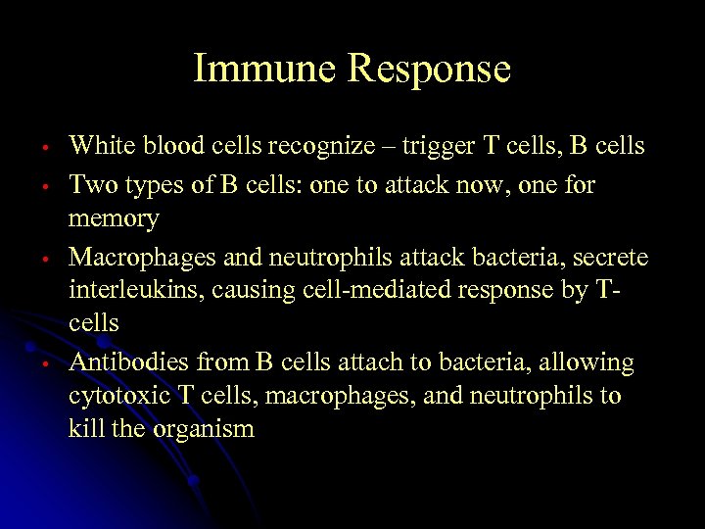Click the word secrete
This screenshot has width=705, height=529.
pos(611,257)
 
